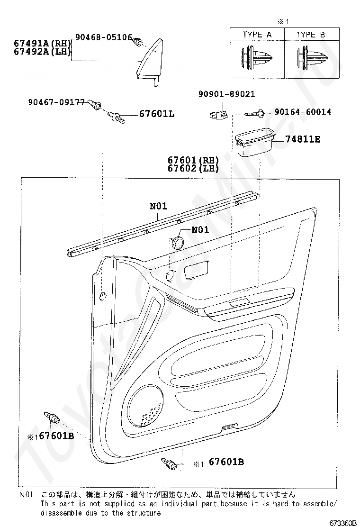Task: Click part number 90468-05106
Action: (x=103, y=37)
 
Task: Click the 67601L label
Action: (x=157, y=114)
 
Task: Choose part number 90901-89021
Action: (x=226, y=94)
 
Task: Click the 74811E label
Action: (x=303, y=139)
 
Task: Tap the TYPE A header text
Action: (x=257, y=35)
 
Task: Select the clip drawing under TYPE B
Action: (x=310, y=58)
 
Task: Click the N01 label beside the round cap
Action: (x=200, y=230)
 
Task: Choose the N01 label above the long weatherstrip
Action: (x=159, y=206)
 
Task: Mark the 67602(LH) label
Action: (x=193, y=168)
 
